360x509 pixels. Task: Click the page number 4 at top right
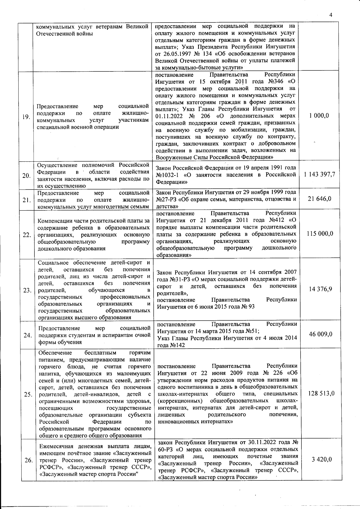coord(331,15)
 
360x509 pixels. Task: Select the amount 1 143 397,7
coord(319,175)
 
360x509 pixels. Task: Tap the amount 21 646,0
coord(319,199)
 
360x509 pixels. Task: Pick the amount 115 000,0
coord(319,234)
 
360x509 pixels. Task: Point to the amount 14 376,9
coord(319,289)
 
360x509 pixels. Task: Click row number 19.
coord(26,117)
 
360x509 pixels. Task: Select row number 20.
coord(26,176)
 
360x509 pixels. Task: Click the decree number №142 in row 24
coord(178,345)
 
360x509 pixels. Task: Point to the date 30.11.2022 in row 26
coord(264,443)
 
